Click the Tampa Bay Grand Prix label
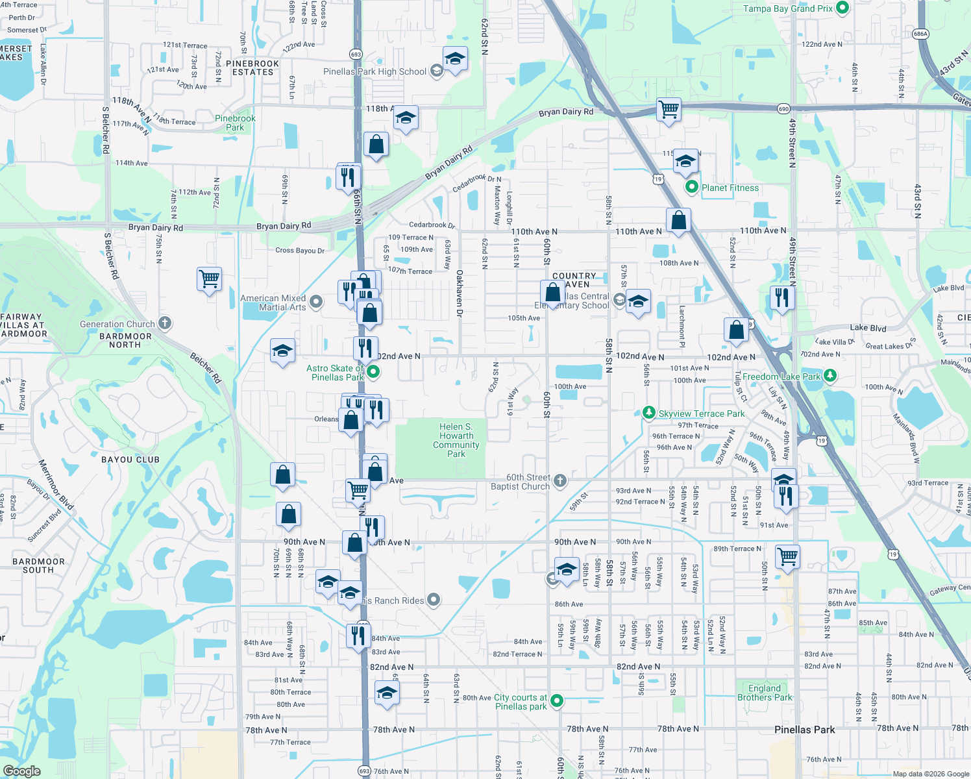coord(787,8)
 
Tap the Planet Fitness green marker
coord(692,188)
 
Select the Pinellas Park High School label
coord(375,71)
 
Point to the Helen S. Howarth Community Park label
coord(456,440)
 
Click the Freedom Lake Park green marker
coord(830,376)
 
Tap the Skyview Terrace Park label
coord(701,414)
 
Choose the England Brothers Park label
coord(765,693)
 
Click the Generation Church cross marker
coord(165,323)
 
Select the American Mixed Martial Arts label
coord(273,303)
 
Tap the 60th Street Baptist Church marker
coord(560,481)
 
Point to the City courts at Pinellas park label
coord(521,702)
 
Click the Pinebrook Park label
coord(235,123)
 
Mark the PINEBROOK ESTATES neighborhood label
coord(252,68)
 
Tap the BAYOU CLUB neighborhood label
coord(130,460)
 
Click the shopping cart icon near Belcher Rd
coord(209,279)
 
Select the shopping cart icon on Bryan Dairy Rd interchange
coord(668,108)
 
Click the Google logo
coord(22,771)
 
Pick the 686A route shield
coord(920,34)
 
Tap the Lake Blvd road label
coord(868,328)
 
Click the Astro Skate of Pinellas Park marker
coord(373,372)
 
